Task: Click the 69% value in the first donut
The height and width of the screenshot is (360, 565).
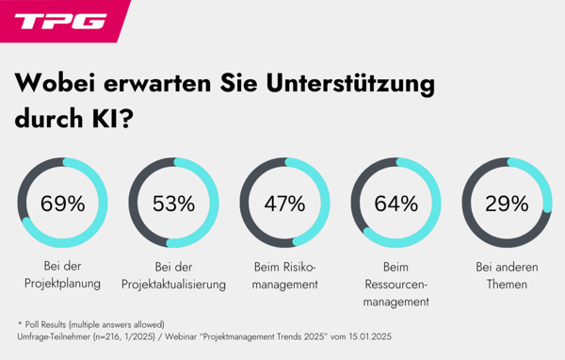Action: pyautogui.click(x=62, y=203)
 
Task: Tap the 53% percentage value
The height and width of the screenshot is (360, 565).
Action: pyautogui.click(x=173, y=203)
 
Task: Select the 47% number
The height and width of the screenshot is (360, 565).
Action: pyautogui.click(x=284, y=203)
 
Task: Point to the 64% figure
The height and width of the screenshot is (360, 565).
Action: pyautogui.click(x=395, y=203)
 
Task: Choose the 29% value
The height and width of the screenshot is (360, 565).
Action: pyautogui.click(x=507, y=203)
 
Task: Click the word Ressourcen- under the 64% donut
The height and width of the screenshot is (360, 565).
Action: pyautogui.click(x=395, y=285)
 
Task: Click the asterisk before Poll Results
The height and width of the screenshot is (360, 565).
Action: pyautogui.click(x=20, y=323)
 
